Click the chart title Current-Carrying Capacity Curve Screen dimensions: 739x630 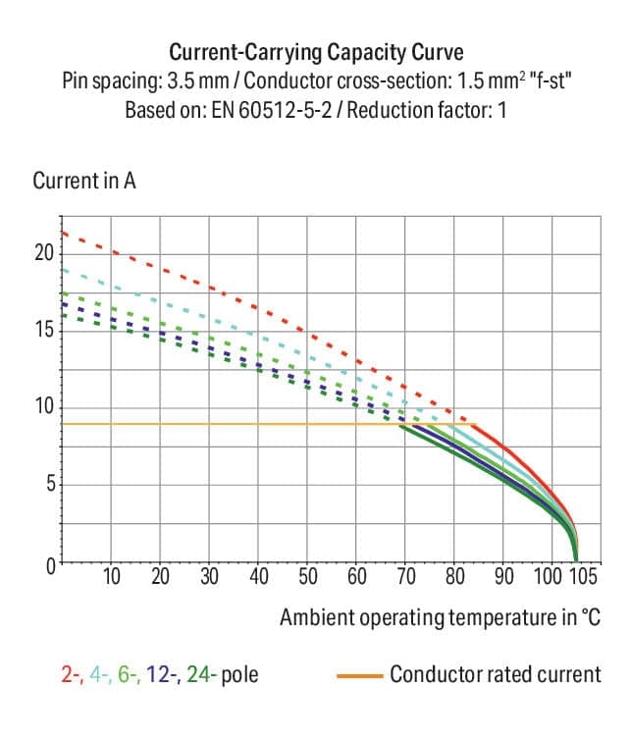[x=315, y=51]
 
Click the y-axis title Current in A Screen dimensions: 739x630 [x=83, y=182]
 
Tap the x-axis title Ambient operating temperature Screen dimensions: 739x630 [x=439, y=617]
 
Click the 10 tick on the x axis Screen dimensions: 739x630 [x=112, y=576]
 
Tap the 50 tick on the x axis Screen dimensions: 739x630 [x=308, y=576]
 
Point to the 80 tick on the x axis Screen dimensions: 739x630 [x=455, y=576]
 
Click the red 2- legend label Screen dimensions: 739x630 [x=69, y=675]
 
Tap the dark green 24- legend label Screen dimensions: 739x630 [x=203, y=675]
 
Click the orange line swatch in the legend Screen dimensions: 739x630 [x=358, y=675]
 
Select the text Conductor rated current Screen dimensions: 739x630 [x=495, y=675]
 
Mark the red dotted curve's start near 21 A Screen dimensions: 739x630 [x=64, y=233]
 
